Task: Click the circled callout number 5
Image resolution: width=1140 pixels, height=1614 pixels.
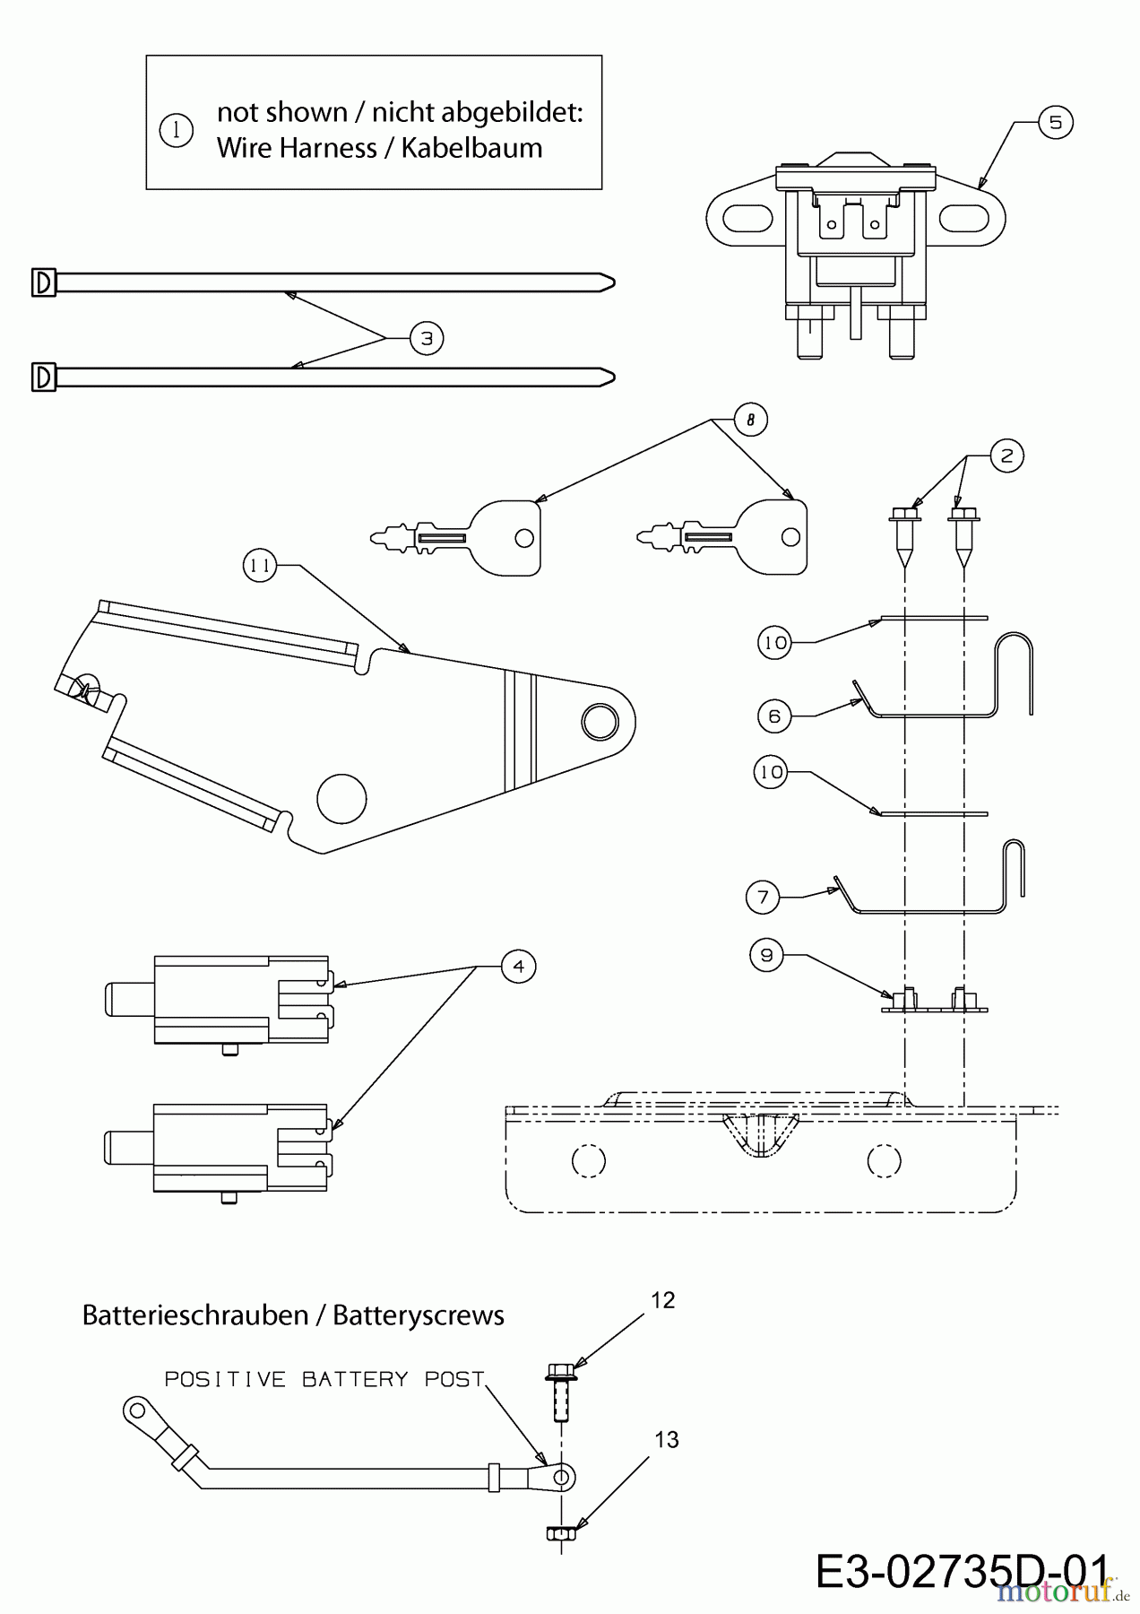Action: tap(1055, 122)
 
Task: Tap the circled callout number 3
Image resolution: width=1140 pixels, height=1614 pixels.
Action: tap(427, 338)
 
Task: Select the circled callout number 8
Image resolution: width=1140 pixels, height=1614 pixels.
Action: tap(750, 419)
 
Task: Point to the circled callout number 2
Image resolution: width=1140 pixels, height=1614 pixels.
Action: tap(1006, 456)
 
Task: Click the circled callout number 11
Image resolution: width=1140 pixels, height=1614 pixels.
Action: tap(260, 566)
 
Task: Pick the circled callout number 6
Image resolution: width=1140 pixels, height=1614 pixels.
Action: tap(774, 716)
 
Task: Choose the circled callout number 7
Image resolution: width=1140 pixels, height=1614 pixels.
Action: tap(763, 897)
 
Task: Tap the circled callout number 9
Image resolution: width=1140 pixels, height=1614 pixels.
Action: tap(766, 956)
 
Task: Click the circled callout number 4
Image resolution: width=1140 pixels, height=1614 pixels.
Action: tap(518, 966)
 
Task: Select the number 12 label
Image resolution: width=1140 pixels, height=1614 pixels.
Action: tap(662, 1300)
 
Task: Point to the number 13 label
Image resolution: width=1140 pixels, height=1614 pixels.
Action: tap(666, 1439)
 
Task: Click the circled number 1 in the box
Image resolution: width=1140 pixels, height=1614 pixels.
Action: tap(176, 131)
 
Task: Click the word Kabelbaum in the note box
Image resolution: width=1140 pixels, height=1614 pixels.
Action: tap(471, 148)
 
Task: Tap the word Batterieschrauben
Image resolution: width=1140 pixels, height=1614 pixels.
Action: tap(195, 1315)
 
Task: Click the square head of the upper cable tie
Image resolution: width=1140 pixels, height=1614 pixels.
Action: tap(43, 282)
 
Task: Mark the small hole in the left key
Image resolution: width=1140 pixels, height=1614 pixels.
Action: tap(524, 538)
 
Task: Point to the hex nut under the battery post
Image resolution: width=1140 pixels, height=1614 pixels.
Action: tap(560, 1534)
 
